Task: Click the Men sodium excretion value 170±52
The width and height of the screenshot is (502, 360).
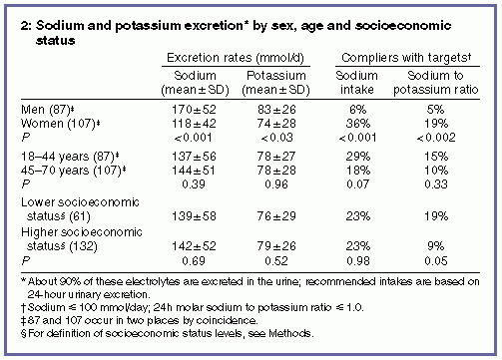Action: point(194,110)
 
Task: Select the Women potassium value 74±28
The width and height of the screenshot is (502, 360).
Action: point(276,124)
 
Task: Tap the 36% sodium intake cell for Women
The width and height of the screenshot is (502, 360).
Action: point(358,124)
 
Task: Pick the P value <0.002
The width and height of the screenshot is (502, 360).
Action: point(436,138)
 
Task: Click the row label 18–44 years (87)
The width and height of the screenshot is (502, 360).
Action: point(70,157)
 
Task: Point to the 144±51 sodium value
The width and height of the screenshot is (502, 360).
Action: point(194,171)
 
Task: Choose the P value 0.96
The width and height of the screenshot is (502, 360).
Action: point(276,184)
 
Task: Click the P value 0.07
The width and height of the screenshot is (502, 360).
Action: point(358,184)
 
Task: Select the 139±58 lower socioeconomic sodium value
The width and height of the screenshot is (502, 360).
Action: point(194,216)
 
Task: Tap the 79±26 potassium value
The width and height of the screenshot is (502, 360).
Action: point(276,246)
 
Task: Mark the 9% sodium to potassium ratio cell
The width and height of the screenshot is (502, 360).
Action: point(436,246)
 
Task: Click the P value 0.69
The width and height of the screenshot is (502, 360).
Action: point(194,261)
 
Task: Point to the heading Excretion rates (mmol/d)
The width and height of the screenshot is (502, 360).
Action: point(236,58)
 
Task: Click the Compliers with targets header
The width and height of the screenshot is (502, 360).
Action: point(406,58)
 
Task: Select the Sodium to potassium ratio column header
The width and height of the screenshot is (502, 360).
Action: point(436,83)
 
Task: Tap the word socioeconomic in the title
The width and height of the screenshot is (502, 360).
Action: point(403,26)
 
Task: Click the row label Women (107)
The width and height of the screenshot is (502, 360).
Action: point(61,124)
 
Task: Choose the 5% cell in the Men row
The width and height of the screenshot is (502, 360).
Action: point(436,110)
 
